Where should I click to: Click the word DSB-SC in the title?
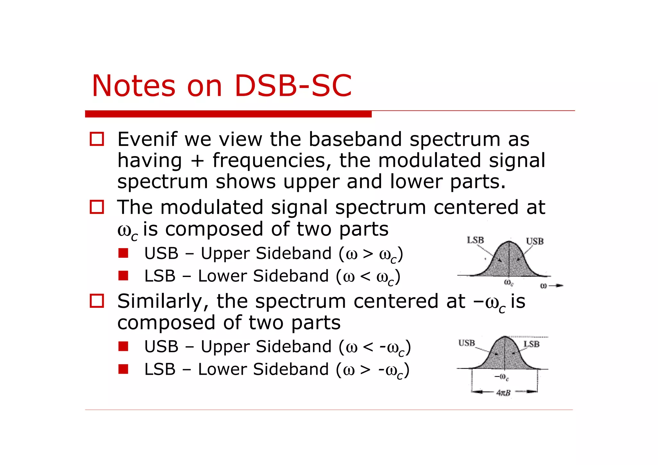[293, 86]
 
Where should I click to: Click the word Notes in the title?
[133, 86]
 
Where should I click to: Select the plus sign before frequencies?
[197, 161]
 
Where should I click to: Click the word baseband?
[355, 139]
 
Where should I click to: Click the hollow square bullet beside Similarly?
[97, 301]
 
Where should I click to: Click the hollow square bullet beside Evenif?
[97, 139]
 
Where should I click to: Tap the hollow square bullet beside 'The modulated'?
[97, 207]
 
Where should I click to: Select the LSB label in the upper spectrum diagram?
[475, 240]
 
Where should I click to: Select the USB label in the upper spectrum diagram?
[535, 241]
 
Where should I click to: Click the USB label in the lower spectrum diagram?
[467, 343]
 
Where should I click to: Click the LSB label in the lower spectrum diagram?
[532, 344]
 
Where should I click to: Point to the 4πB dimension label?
[503, 393]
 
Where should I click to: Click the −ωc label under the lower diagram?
[501, 377]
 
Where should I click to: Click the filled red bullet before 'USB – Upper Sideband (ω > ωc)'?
[123, 253]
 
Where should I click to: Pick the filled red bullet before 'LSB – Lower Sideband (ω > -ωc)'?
[123, 369]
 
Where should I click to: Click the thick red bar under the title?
[228, 114]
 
